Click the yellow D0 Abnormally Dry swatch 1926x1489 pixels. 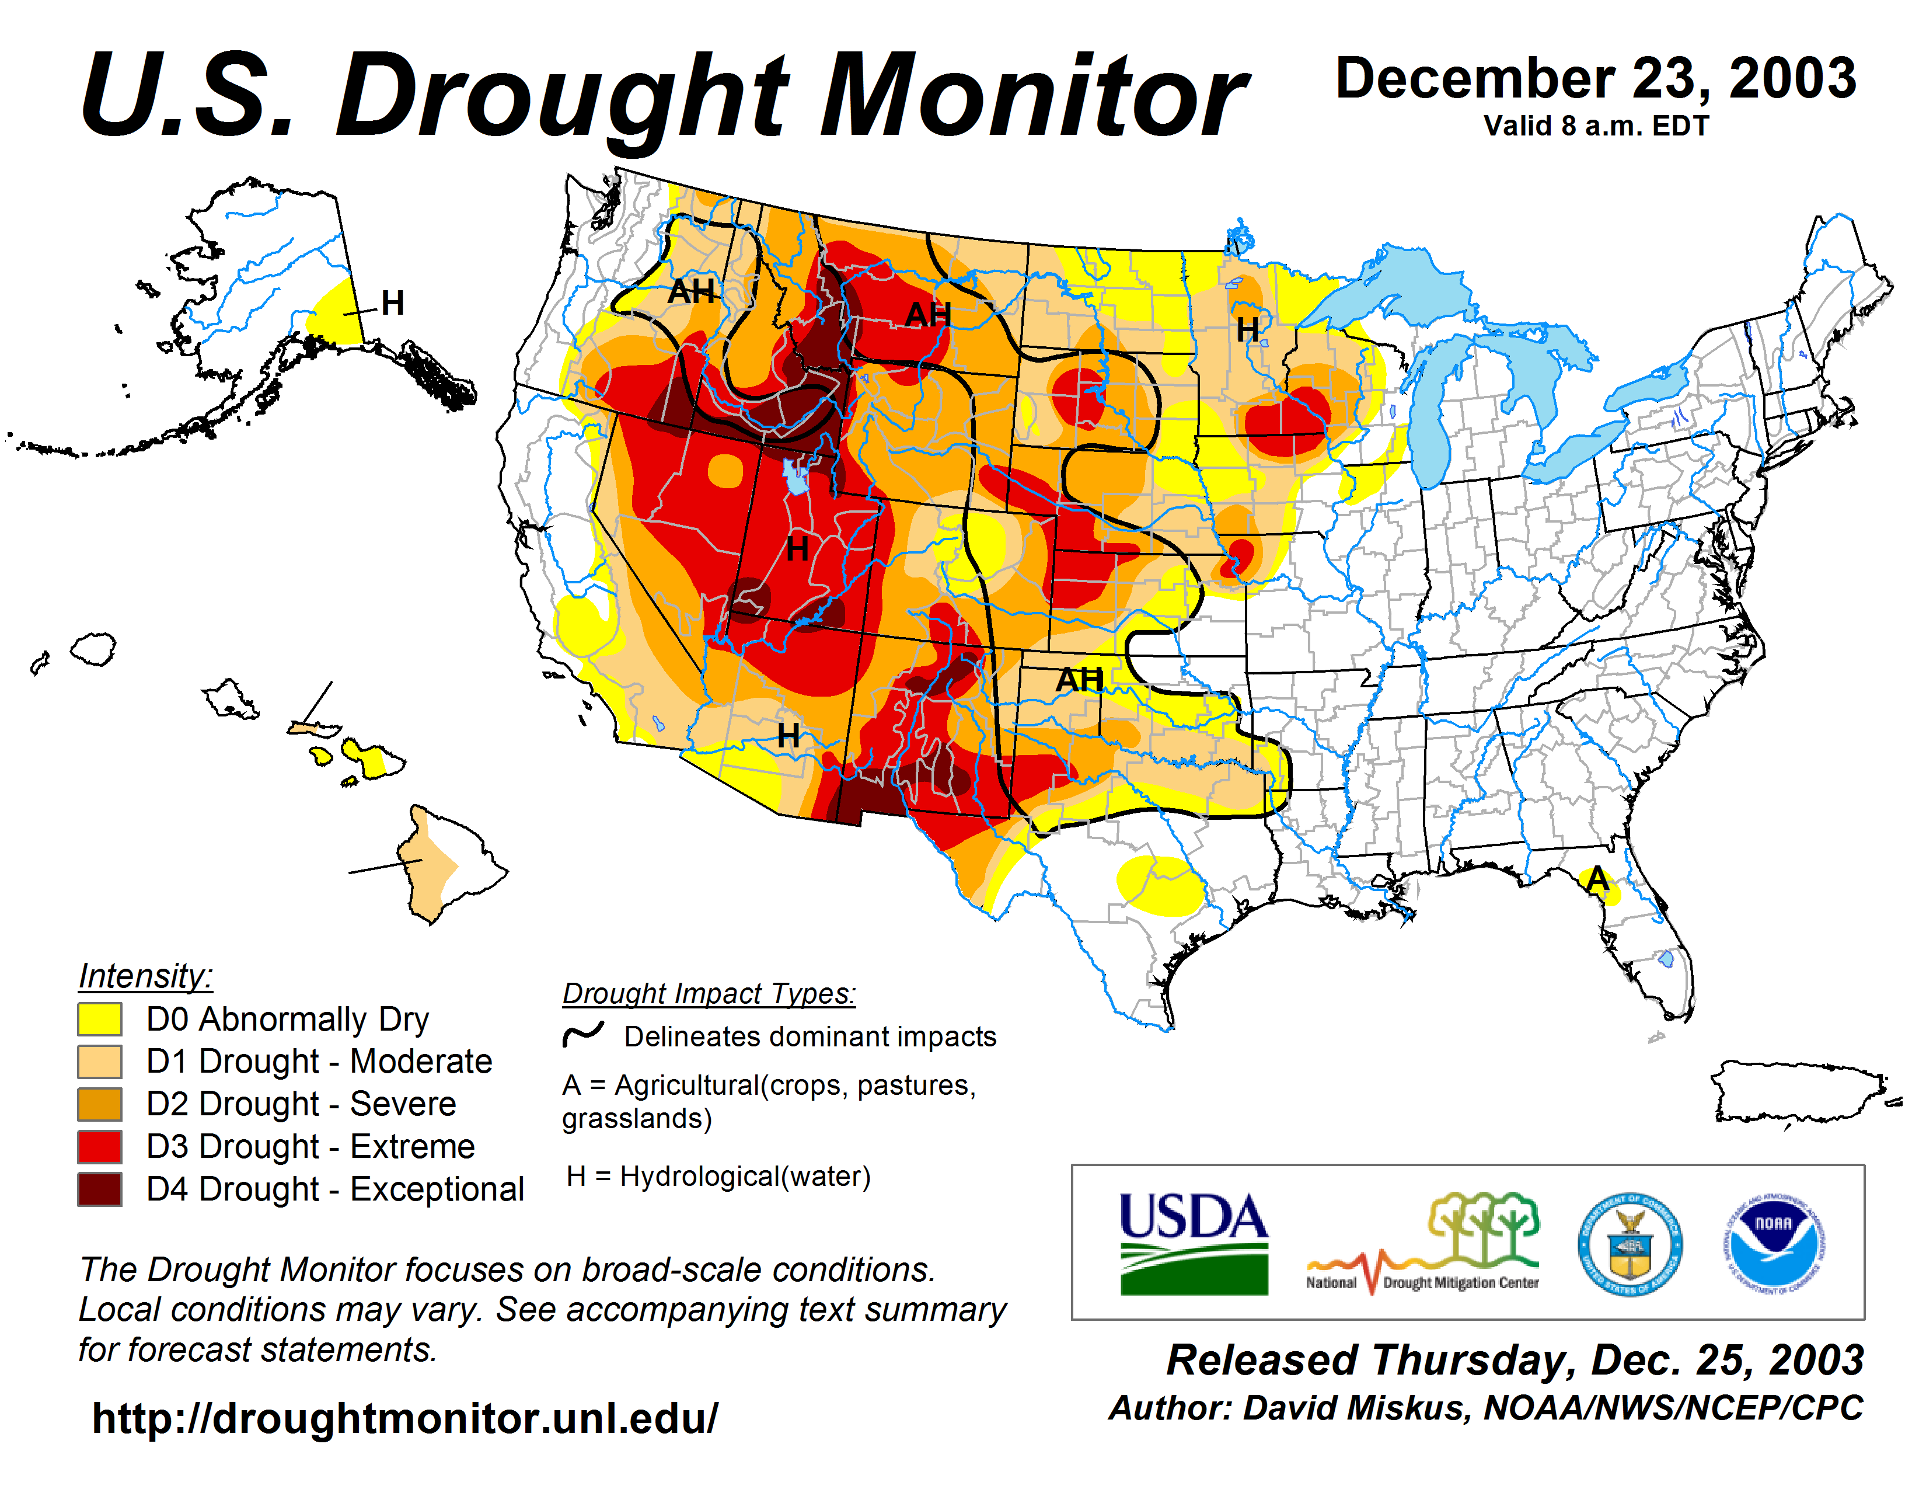pyautogui.click(x=100, y=1019)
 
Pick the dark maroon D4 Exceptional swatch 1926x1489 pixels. pyautogui.click(x=100, y=1189)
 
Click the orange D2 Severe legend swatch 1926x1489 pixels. pyautogui.click(x=100, y=1104)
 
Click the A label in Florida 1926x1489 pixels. pyautogui.click(x=1597, y=879)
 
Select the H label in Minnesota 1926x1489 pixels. pyautogui.click(x=1247, y=330)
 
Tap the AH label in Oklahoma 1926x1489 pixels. pyautogui.click(x=1079, y=679)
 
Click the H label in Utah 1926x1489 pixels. pyautogui.click(x=797, y=549)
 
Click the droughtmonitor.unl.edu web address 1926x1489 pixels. pyautogui.click(x=405, y=1418)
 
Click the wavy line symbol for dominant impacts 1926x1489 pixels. pyautogui.click(x=583, y=1034)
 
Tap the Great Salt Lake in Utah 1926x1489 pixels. pyautogui.click(x=796, y=477)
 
